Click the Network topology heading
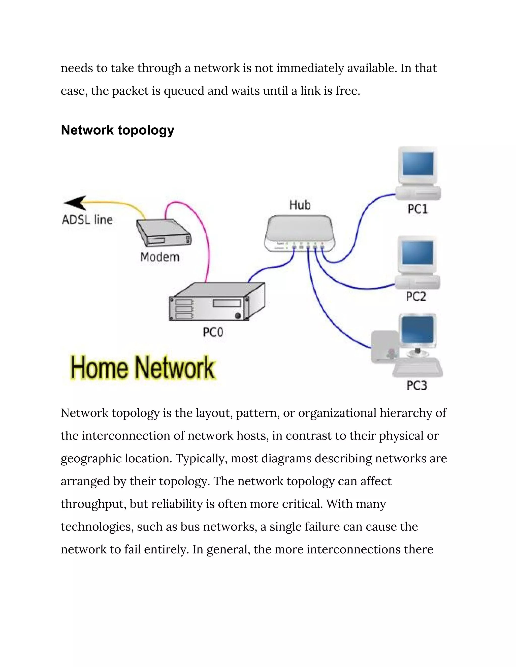click(x=117, y=130)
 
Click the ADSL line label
click(x=87, y=219)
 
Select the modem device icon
click(x=164, y=233)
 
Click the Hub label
click(x=300, y=205)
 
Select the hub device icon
click(x=300, y=233)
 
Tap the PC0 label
click(x=213, y=332)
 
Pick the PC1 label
click(x=417, y=209)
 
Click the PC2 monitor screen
click(x=417, y=253)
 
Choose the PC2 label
click(x=416, y=297)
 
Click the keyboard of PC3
click(x=417, y=369)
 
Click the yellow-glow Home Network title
click(x=143, y=368)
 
